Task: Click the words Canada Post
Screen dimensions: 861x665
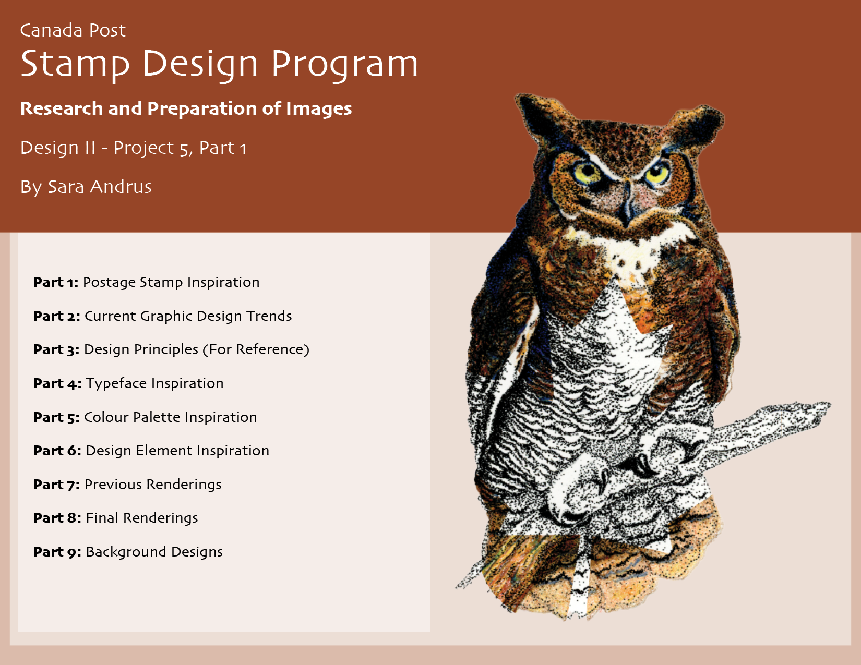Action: pyautogui.click(x=73, y=30)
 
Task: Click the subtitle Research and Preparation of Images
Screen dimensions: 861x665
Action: pyautogui.click(x=186, y=108)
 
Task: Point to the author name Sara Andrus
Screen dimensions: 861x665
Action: pyautogui.click(x=100, y=187)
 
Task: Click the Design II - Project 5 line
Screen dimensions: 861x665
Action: pyautogui.click(x=133, y=148)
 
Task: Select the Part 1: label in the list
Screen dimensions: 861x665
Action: pyautogui.click(x=56, y=282)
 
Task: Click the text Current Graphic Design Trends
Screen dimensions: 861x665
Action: pyautogui.click(x=188, y=316)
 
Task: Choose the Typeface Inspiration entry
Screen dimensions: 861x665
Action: pyautogui.click(x=154, y=383)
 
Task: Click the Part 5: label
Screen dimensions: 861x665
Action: pyautogui.click(x=56, y=417)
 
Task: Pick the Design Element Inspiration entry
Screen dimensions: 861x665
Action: pyautogui.click(x=177, y=451)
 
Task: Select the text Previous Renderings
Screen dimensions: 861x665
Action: pyautogui.click(x=153, y=485)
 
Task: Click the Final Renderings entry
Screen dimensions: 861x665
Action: pyautogui.click(x=142, y=518)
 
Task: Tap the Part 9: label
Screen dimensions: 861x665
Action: pyautogui.click(x=57, y=552)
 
